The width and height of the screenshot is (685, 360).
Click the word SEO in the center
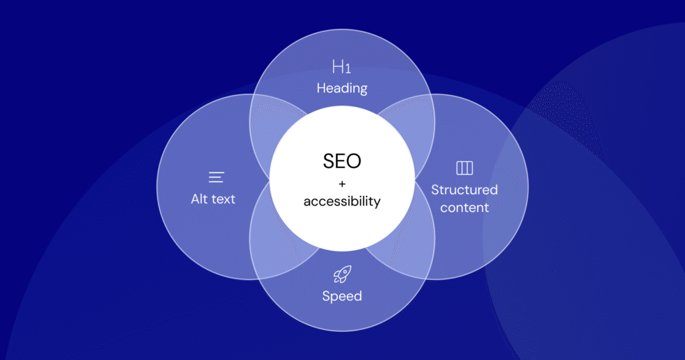pos(342,161)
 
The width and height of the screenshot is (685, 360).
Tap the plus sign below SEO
pos(342,183)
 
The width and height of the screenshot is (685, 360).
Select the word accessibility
pos(342,201)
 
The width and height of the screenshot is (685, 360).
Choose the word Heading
pos(342,88)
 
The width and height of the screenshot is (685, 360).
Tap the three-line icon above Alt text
pos(216,177)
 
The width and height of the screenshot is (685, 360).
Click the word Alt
pos(200,199)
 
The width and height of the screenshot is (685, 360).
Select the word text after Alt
pos(224,199)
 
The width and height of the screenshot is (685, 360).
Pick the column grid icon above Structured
pos(464,167)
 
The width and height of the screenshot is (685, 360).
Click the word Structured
pos(464,189)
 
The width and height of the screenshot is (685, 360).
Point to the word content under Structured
pos(464,207)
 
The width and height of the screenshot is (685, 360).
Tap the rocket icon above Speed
pos(342,274)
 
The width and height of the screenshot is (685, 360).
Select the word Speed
pos(342,296)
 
